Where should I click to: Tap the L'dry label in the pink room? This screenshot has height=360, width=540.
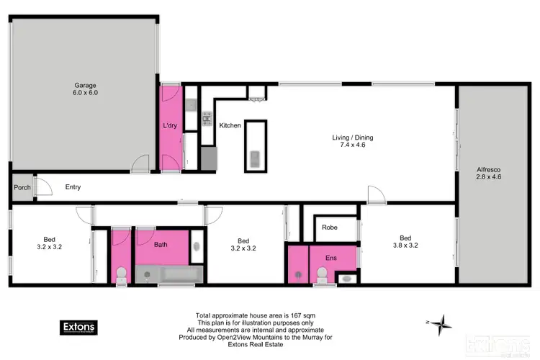pyautogui.click(x=170, y=126)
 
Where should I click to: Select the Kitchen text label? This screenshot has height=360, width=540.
pyautogui.click(x=230, y=125)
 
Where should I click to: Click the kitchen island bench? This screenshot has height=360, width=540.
pyautogui.click(x=254, y=145)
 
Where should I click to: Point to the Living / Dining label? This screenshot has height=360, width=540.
pyautogui.click(x=352, y=141)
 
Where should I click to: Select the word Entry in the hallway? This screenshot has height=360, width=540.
pyautogui.click(x=73, y=187)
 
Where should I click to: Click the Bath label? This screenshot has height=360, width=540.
pyautogui.click(x=161, y=245)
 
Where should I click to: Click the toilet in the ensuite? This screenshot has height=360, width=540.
pyautogui.click(x=322, y=274)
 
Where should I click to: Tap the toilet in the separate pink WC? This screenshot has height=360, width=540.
pyautogui.click(x=122, y=274)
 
